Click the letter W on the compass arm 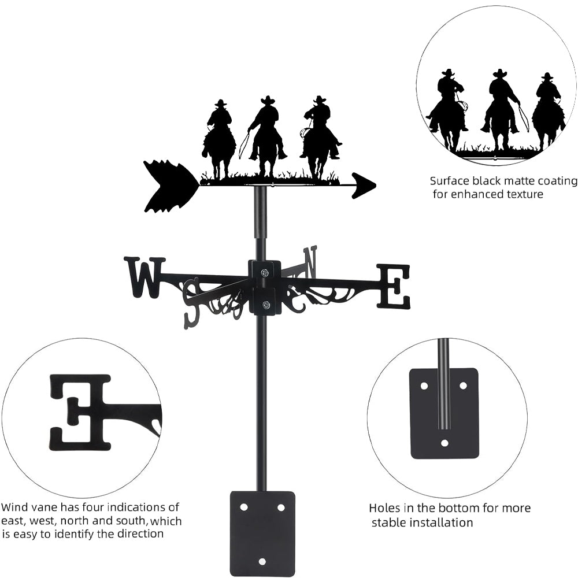[144, 277]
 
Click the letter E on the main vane [394, 286]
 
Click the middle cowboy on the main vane [267, 136]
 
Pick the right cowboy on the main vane [320, 136]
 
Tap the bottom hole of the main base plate [262, 561]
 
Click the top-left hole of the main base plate [243, 507]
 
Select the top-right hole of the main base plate [281, 507]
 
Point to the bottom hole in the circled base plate [444, 443]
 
